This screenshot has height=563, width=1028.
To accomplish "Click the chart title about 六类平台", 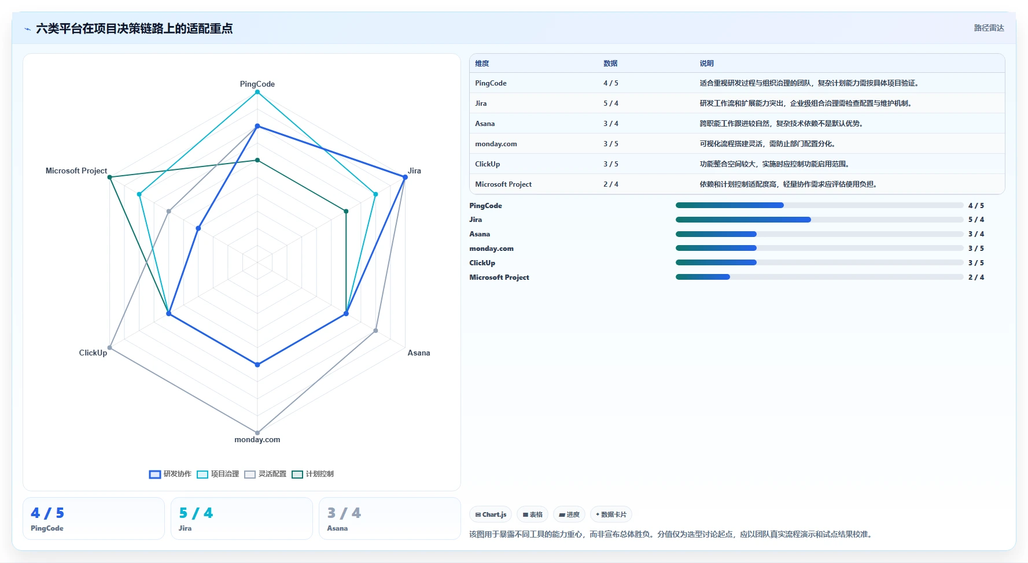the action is [134, 28].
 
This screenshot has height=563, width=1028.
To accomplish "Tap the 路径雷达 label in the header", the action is [989, 28].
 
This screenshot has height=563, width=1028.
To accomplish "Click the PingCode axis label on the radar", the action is [257, 84].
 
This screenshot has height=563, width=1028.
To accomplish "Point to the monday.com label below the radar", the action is [257, 439].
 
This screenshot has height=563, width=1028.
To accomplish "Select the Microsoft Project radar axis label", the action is [76, 171].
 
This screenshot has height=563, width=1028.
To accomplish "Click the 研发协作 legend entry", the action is [170, 474].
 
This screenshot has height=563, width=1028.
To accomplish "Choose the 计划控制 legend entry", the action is [312, 474].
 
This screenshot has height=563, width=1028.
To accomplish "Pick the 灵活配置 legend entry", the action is [265, 474].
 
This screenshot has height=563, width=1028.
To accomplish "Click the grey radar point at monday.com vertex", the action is [257, 432].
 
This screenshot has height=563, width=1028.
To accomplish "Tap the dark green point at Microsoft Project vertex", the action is [110, 177].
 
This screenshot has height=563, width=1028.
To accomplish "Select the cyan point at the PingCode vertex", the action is [257, 92].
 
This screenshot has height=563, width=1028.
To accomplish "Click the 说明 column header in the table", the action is [706, 64].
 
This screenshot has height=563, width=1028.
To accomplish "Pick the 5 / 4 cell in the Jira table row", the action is [611, 103].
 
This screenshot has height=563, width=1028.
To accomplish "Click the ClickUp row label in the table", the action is [488, 164].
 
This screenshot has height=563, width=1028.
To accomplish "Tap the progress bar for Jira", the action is [819, 220].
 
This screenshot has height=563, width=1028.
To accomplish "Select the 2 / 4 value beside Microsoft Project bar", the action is [976, 277].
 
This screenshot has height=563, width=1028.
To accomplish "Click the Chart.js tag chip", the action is [491, 514].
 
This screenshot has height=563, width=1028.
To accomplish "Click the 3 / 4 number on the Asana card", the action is [344, 513].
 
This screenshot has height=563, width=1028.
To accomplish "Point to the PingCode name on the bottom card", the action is [47, 528].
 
